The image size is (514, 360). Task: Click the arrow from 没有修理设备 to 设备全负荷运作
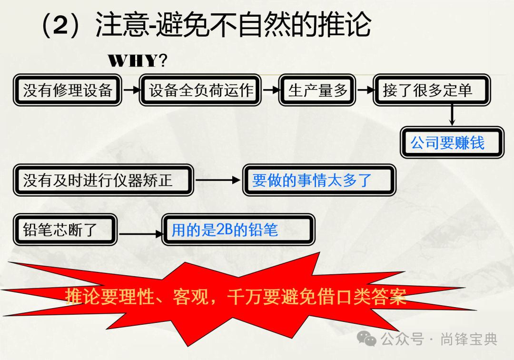(x=131, y=90)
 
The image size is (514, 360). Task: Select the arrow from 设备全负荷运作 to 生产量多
(x=271, y=90)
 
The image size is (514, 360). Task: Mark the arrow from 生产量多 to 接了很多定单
(x=365, y=90)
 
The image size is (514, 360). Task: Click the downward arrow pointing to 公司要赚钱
(x=452, y=115)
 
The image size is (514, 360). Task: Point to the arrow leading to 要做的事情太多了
(x=217, y=180)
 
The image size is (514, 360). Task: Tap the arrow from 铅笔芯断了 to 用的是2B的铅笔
(x=141, y=234)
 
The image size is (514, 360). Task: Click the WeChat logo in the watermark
(x=366, y=338)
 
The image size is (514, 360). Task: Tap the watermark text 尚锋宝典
(x=469, y=339)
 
